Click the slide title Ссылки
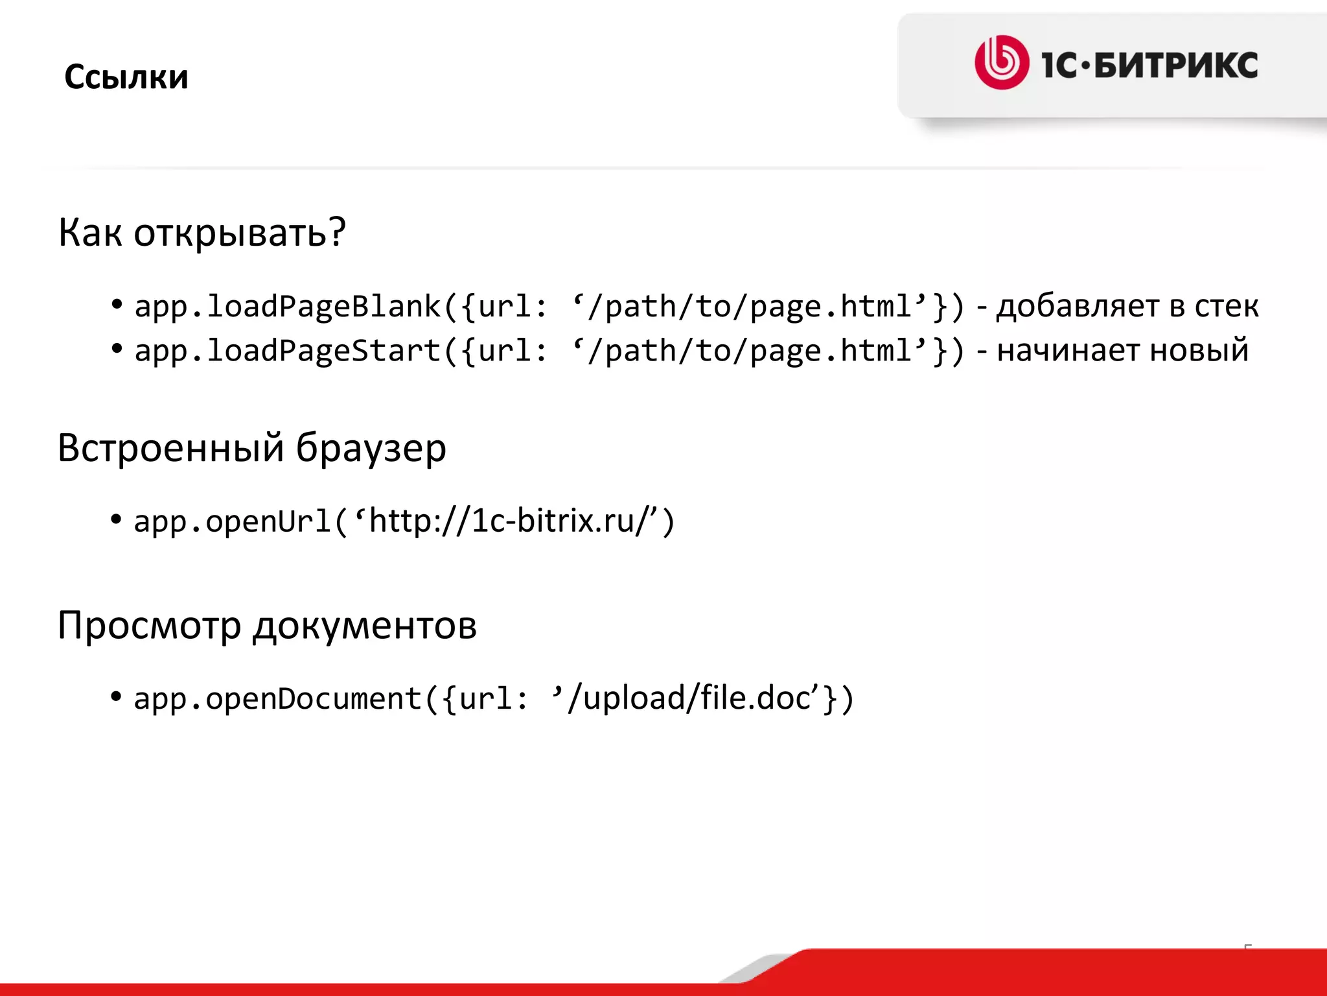(126, 77)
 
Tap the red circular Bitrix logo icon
(1001, 62)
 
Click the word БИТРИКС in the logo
(1176, 65)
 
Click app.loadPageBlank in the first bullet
(287, 307)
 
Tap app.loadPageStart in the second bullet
(287, 351)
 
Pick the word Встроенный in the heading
(171, 448)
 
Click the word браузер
(371, 448)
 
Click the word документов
(365, 626)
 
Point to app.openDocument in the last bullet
(277, 699)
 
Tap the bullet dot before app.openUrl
(117, 519)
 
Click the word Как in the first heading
(89, 233)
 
